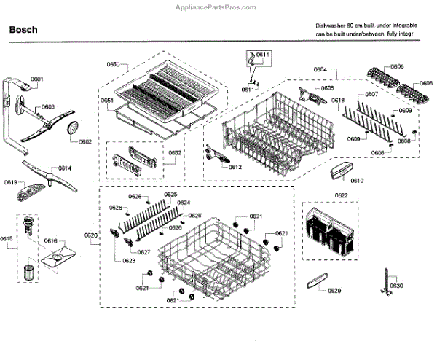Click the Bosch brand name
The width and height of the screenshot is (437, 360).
pos(23,31)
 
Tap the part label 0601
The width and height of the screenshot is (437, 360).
pos(37,79)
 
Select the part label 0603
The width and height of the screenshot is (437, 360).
pos(47,106)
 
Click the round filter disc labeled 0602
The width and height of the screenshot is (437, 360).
pos(72,129)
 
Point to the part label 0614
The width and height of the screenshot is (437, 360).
pos(65,168)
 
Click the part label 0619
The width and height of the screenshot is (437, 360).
pos(11,182)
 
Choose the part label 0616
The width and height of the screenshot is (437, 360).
pos(50,240)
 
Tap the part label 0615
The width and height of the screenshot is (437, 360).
pos(7,239)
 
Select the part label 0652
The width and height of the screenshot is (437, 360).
pos(176,152)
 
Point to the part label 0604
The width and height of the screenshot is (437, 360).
pos(320,69)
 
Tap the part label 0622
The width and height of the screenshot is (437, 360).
pos(342,196)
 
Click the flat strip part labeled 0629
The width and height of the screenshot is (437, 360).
pos(316,279)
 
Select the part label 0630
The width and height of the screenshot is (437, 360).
pos(395,285)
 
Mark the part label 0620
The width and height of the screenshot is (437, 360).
pos(91,235)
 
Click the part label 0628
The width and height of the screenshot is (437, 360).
pos(129,260)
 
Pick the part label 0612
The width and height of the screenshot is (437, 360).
pos(235,167)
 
